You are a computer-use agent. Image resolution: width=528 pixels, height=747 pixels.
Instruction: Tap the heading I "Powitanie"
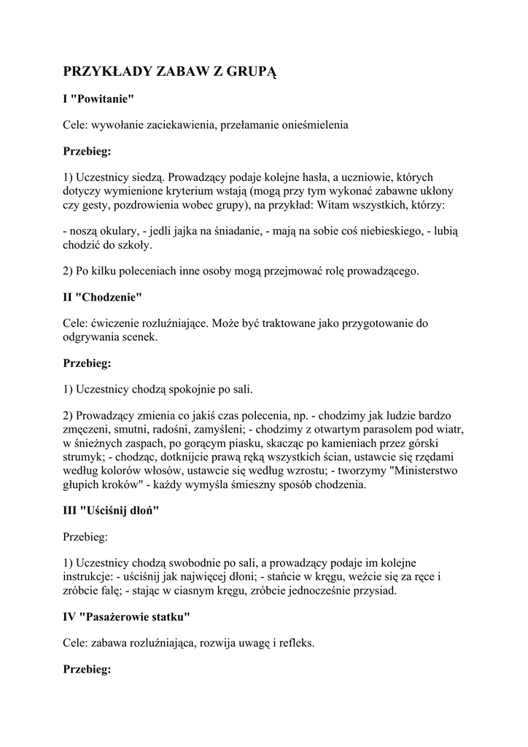click(98, 98)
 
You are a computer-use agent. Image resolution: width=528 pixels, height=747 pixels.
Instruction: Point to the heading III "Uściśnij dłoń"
click(111, 511)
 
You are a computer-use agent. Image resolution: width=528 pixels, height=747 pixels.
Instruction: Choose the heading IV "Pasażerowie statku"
click(127, 616)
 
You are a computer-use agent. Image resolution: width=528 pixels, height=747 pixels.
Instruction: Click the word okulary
click(116, 231)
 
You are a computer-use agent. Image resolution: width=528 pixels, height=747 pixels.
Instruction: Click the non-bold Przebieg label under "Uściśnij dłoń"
click(85, 537)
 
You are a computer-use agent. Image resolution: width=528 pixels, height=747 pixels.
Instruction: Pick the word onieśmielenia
click(301, 125)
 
